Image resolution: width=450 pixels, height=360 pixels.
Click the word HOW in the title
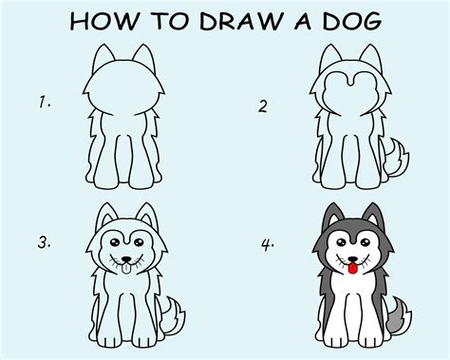(104, 22)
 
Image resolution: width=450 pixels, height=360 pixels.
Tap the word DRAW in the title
(240, 22)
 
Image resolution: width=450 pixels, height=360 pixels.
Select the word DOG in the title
(352, 22)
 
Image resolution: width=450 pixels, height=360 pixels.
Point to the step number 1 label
(44, 103)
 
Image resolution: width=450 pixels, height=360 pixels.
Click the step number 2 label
(263, 106)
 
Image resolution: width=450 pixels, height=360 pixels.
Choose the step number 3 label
(44, 242)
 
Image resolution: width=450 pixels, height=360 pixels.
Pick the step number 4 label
(268, 245)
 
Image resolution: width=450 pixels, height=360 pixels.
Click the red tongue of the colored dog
(353, 269)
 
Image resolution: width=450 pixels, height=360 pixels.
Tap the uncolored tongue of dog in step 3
(126, 269)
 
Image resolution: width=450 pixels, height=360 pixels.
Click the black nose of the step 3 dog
(126, 259)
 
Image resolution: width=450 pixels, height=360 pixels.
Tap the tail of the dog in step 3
(173, 315)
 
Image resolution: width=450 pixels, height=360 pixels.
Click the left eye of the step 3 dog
(115, 242)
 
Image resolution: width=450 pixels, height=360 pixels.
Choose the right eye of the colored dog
(366, 243)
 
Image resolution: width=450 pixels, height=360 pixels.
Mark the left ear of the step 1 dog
(103, 58)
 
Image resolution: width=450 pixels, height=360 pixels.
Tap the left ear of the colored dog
(331, 217)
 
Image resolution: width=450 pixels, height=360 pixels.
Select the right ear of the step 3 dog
(147, 216)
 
